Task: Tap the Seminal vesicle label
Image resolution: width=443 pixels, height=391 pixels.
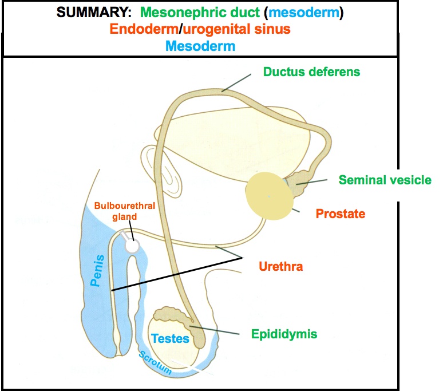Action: (x=385, y=180)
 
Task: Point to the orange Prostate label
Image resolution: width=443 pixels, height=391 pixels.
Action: (x=340, y=214)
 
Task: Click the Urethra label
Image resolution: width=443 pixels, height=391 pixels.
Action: (x=280, y=266)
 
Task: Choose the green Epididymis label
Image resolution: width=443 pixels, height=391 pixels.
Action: (x=284, y=333)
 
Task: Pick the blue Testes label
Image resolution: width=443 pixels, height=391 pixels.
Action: (x=169, y=339)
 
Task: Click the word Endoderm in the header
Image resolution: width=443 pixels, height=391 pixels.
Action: (x=149, y=29)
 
